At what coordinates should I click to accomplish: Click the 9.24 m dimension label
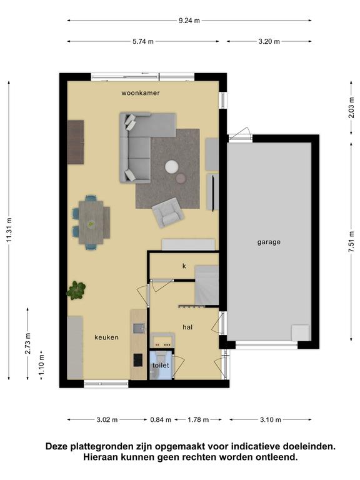point(189,21)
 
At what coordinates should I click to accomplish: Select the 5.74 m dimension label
point(143,41)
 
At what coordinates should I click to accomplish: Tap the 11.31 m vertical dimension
point(9,230)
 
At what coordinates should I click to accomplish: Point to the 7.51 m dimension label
point(351,241)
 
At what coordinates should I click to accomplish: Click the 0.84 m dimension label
point(161,420)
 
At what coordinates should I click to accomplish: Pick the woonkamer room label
point(141,92)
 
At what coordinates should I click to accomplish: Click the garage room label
point(269,242)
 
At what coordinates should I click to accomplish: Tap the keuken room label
point(106,337)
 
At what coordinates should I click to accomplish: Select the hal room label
point(187,327)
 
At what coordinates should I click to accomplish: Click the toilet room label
point(161,365)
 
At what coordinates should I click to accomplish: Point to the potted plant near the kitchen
point(76,290)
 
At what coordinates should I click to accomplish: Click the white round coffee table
point(172,167)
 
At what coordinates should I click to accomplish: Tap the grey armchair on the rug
point(167,212)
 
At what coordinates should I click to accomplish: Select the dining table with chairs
point(91,222)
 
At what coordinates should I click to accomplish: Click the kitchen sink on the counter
point(139,329)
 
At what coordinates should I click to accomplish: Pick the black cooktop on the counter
point(137,360)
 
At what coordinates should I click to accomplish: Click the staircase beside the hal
point(207,285)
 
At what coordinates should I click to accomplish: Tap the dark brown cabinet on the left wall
point(76,142)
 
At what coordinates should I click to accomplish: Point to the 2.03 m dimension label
point(351,107)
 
